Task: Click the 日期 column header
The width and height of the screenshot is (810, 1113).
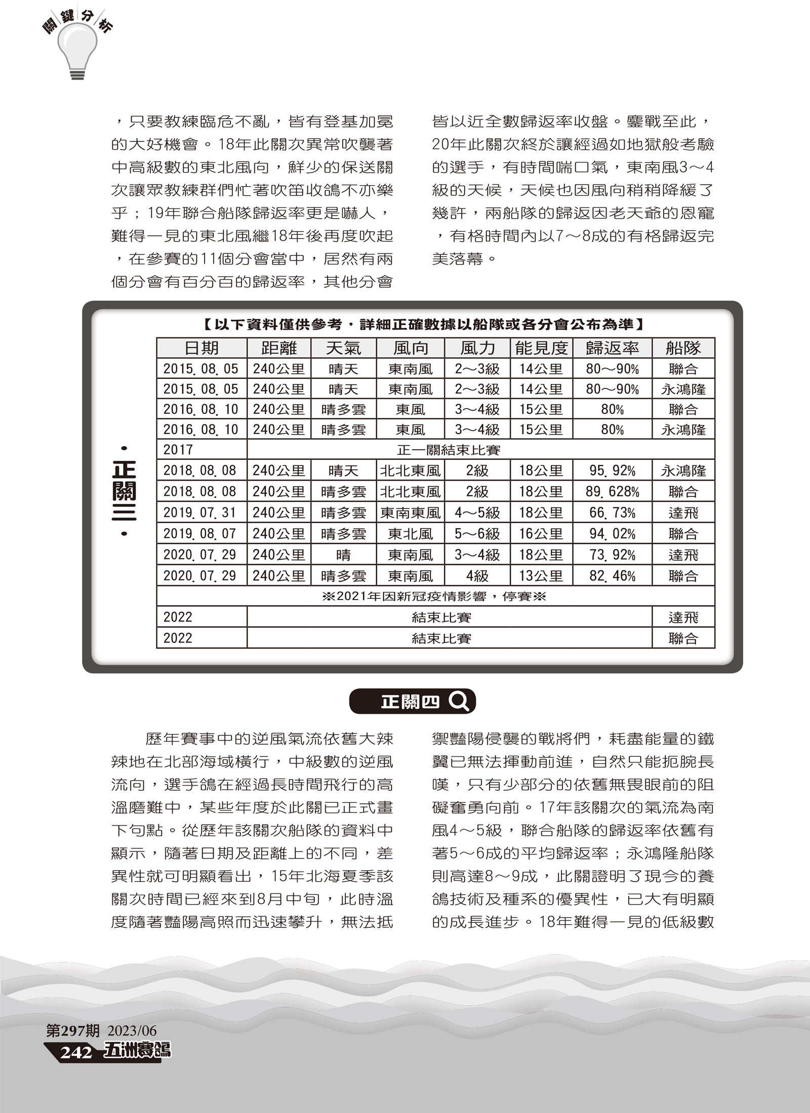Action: (x=201, y=348)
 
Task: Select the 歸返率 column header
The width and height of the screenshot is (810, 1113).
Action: (x=612, y=348)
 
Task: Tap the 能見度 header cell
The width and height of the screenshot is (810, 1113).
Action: (x=541, y=348)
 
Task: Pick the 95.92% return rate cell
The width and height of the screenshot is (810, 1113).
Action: (x=612, y=471)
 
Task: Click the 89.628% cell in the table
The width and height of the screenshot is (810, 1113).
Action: (x=612, y=492)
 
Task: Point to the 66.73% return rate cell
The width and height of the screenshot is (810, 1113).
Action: (x=612, y=513)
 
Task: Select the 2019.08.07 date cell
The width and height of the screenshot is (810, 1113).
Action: (x=200, y=534)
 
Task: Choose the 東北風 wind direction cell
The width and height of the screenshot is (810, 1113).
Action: (x=410, y=534)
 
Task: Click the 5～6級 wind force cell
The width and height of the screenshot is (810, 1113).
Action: (x=477, y=534)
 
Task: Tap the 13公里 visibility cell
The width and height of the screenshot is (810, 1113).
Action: (x=541, y=576)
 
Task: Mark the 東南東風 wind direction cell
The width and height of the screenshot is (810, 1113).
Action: (x=410, y=513)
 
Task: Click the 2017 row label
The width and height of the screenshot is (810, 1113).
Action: (x=178, y=450)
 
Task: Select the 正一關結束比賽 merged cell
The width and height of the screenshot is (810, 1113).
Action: (x=449, y=450)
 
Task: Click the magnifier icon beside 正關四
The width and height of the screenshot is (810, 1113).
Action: (x=459, y=701)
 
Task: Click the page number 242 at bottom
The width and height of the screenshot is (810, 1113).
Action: (x=76, y=1053)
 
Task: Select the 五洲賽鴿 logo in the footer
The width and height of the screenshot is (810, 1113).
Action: (x=137, y=1051)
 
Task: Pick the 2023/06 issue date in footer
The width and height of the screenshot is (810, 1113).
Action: (x=132, y=1031)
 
